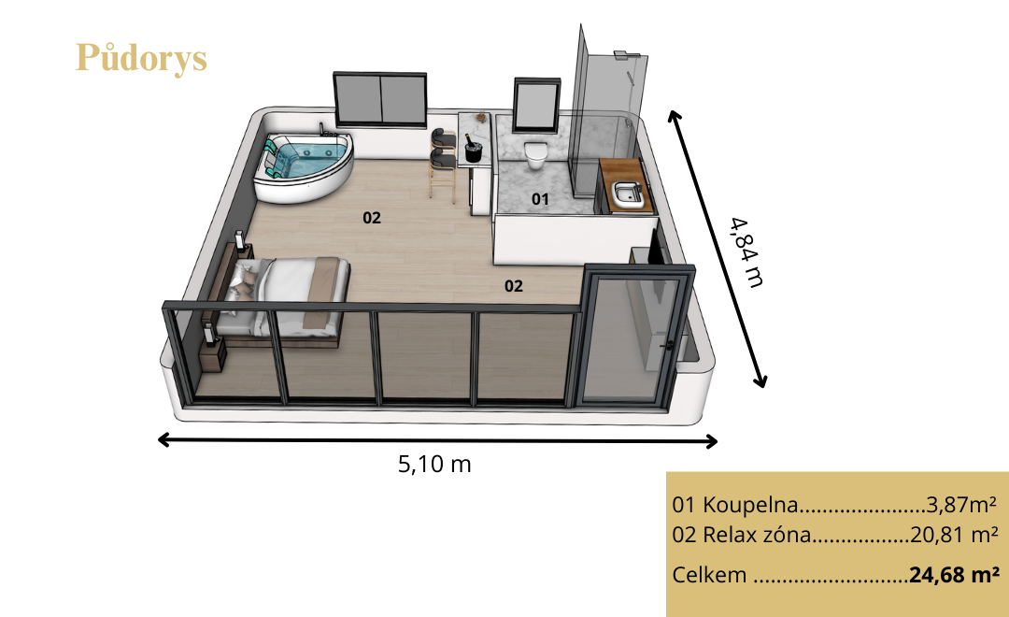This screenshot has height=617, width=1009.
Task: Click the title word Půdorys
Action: (x=141, y=59)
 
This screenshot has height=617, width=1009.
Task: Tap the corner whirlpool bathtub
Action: (x=303, y=166)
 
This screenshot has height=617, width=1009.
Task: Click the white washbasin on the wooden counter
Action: (x=627, y=194)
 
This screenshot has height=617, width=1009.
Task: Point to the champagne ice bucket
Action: (x=474, y=150)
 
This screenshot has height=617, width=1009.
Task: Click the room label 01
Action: (x=540, y=199)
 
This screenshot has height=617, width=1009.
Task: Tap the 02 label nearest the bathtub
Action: (x=371, y=218)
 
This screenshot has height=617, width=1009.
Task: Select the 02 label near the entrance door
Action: (x=513, y=286)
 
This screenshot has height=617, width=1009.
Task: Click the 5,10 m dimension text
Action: (x=434, y=464)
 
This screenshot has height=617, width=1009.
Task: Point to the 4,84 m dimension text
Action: (x=747, y=251)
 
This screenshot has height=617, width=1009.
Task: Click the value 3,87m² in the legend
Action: (x=961, y=504)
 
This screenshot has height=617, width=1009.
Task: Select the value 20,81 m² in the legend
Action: (x=954, y=535)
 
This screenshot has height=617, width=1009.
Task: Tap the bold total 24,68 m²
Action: (x=954, y=575)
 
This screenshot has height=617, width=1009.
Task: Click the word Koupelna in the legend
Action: (x=750, y=505)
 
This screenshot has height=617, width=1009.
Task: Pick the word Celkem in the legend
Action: (x=709, y=575)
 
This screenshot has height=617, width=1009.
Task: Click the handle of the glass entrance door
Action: (x=668, y=345)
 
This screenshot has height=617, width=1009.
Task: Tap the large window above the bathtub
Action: (x=379, y=99)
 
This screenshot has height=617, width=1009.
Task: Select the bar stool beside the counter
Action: (x=443, y=165)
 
